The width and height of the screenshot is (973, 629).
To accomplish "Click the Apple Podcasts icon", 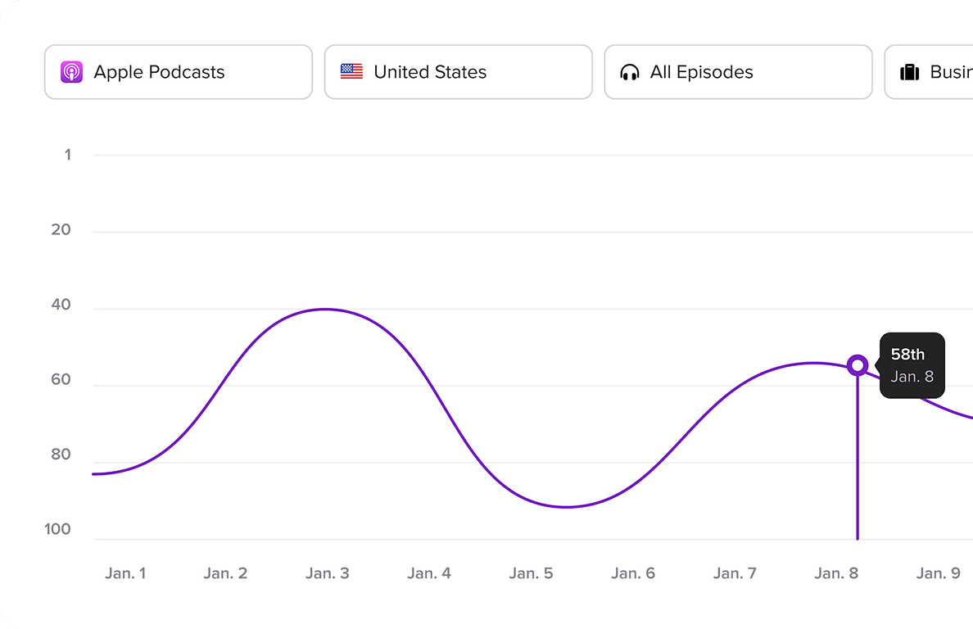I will tap(71, 72).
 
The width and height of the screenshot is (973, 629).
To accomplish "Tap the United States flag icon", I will tap(351, 72).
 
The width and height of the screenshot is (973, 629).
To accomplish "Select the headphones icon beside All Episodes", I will tap(630, 72).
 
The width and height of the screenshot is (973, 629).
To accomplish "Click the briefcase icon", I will tap(910, 72).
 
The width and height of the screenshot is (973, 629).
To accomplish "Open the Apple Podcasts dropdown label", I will tap(159, 72).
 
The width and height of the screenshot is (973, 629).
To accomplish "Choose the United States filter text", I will tap(430, 72).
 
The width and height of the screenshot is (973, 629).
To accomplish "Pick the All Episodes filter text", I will tap(701, 72).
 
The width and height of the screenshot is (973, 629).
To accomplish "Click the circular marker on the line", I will tap(858, 364).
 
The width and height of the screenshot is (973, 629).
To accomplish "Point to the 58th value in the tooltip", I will tap(907, 354).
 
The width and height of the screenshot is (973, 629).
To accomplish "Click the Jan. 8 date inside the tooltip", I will tap(912, 377).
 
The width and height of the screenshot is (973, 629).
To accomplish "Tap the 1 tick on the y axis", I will tap(67, 155).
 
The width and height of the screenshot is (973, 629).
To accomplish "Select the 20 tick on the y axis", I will tap(61, 230).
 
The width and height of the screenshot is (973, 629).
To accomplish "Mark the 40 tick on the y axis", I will tap(61, 305).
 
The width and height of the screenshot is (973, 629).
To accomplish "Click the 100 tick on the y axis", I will tap(58, 530).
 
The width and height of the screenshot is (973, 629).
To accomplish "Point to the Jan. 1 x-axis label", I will tap(125, 573).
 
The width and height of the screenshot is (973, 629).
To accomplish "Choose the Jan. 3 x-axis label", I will tap(328, 573).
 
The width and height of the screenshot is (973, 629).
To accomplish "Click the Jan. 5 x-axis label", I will tap(531, 573).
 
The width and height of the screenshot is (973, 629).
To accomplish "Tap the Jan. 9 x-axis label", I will tap(939, 573).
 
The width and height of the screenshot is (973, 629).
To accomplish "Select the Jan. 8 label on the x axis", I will tap(836, 573).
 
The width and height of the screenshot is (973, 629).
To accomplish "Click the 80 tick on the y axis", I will tap(61, 455).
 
